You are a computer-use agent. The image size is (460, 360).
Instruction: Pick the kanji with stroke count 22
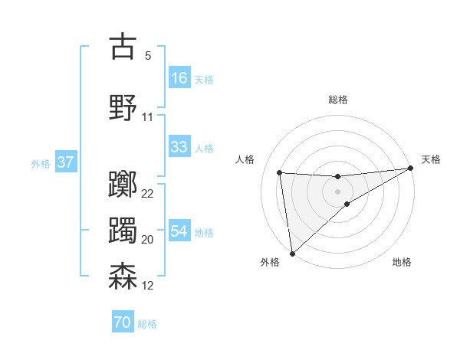[123, 184]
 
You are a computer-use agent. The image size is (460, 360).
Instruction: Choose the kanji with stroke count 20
[123, 230]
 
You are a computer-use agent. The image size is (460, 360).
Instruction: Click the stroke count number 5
[148, 55]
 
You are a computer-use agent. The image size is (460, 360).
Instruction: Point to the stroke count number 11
[148, 117]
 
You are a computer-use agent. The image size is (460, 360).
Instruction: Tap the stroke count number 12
[148, 286]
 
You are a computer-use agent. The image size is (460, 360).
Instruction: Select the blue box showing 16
[179, 77]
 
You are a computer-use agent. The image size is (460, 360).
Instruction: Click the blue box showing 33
[179, 147]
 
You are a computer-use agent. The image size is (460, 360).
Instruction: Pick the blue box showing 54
[179, 231]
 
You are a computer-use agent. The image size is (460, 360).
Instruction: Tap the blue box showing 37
[65, 162]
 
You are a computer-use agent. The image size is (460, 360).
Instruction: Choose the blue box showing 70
[123, 323]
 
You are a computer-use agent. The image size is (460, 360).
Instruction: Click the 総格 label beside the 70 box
[147, 324]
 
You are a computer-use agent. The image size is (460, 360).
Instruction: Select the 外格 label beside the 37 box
[41, 163]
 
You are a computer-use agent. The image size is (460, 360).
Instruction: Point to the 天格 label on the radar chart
[431, 159]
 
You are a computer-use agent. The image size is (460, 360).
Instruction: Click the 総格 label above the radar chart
[337, 100]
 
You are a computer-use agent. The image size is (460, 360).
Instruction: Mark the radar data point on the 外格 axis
[291, 253]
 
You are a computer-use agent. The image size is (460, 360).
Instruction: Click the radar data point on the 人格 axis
[280, 172]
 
